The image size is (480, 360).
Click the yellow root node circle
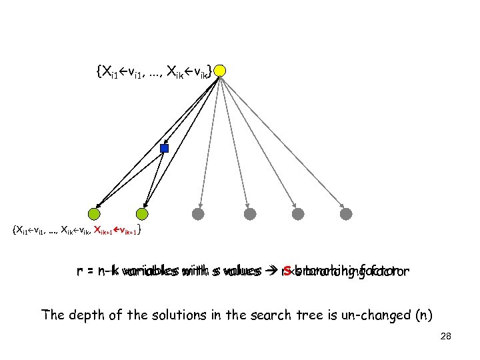click(221, 70)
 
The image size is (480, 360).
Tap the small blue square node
click(165, 148)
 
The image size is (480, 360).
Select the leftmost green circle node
click(94, 214)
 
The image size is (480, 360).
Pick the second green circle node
click(142, 214)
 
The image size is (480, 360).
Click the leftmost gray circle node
click(197, 214)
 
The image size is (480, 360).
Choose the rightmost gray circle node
click(347, 214)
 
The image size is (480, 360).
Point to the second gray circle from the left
click(249, 214)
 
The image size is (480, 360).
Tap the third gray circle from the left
click(298, 214)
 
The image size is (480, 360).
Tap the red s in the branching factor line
click(287, 271)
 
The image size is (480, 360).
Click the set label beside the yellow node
click(155, 69)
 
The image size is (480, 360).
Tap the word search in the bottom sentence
click(244, 315)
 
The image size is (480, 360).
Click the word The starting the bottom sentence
click(52, 315)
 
